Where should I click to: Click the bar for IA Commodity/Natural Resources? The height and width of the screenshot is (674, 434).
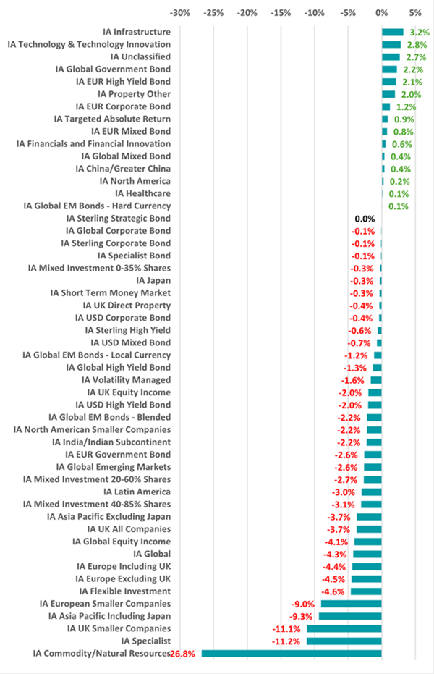[x=292, y=654]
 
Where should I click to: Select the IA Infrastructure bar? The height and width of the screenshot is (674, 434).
[x=392, y=32]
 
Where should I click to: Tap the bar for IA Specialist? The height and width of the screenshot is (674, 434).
[x=344, y=641]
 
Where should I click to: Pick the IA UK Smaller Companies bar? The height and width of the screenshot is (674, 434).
[x=344, y=628]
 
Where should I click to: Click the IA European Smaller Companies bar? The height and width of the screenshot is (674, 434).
[x=351, y=604]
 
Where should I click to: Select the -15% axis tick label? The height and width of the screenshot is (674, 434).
[x=281, y=13]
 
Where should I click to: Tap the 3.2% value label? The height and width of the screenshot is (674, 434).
[x=419, y=33]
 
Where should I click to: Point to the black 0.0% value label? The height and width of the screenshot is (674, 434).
[x=365, y=219]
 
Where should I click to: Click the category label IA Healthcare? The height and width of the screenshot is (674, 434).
[x=143, y=194]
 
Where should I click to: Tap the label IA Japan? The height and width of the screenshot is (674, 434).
[x=153, y=281]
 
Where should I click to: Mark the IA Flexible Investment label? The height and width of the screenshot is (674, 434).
[x=125, y=591]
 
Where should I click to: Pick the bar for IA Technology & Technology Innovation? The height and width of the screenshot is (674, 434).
[x=391, y=45]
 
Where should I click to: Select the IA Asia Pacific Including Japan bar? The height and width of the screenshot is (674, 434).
[x=350, y=616]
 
